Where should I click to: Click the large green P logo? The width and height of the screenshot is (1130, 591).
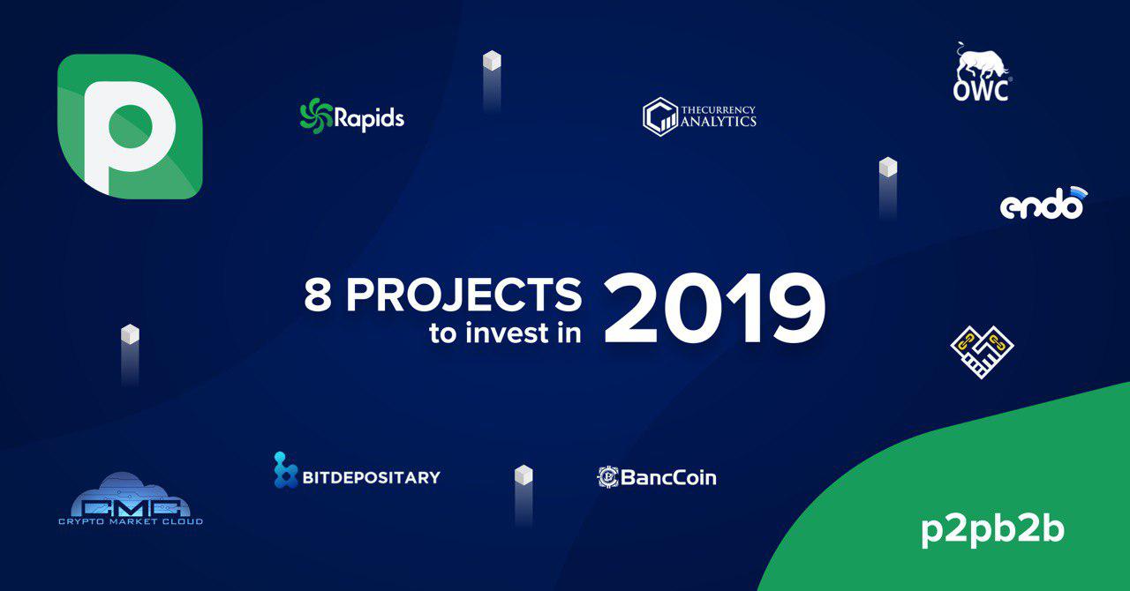(x=130, y=126)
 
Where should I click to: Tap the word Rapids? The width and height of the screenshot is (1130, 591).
(x=369, y=119)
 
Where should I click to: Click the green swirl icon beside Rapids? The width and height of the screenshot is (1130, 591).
(x=316, y=116)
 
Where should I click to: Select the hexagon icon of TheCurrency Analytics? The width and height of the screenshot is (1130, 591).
(x=659, y=117)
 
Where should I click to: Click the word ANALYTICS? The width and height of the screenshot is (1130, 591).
(x=719, y=122)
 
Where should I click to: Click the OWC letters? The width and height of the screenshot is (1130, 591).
(x=981, y=90)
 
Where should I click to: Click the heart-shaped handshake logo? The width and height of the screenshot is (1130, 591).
(x=982, y=352)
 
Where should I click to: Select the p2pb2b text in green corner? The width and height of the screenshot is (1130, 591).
(x=993, y=531)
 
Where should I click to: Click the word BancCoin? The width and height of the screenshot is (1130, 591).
(x=668, y=477)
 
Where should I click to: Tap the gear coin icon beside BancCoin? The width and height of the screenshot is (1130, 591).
(x=608, y=477)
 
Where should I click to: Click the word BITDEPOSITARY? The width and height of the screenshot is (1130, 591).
(x=372, y=477)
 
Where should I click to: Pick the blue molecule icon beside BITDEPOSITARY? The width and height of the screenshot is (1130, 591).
(x=285, y=470)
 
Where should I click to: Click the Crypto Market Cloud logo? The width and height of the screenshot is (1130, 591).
(x=131, y=498)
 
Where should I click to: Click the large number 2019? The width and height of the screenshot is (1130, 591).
(x=714, y=309)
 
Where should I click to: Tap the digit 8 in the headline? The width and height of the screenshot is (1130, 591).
(x=318, y=295)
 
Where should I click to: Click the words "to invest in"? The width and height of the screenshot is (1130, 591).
(x=505, y=333)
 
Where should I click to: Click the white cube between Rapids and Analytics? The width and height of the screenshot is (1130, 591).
(x=492, y=61)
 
